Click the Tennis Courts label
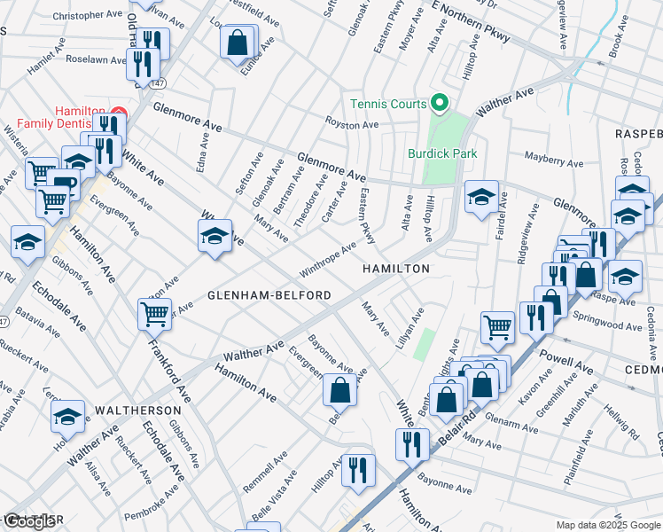387,104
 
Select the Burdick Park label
441,153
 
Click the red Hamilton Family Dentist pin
119,112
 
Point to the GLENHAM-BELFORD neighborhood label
269,294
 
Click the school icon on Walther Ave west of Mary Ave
214,236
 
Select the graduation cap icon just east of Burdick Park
481,197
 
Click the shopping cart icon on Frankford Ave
155,313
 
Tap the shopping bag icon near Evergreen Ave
339,388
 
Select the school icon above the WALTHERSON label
68,416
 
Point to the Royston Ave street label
352,124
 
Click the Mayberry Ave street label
553,162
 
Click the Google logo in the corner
31,521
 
